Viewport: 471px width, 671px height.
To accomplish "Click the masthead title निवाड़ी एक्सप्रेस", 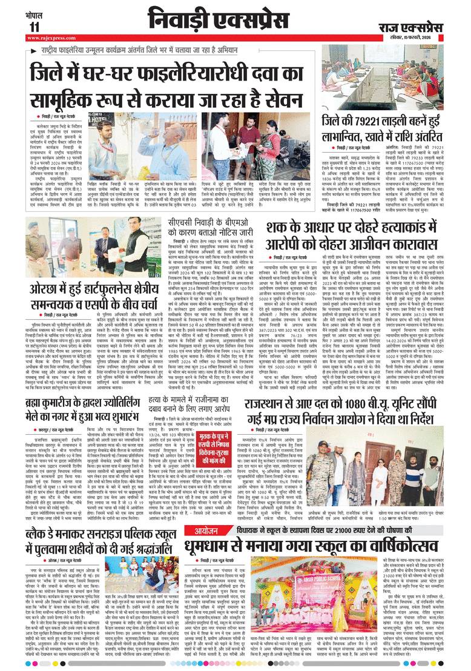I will click(x=218, y=19).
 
